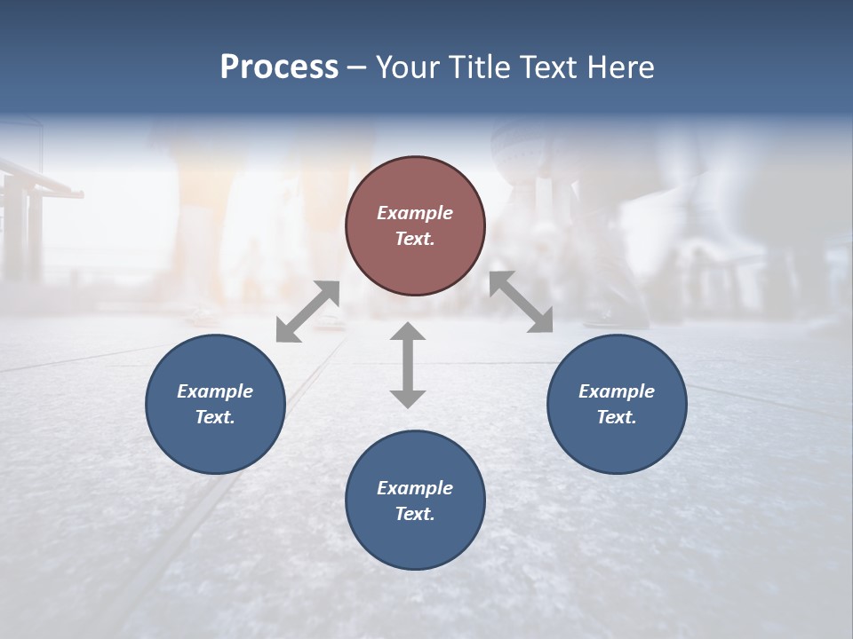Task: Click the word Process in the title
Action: (x=279, y=67)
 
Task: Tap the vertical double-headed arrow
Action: (x=408, y=365)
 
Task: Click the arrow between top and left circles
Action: (x=307, y=312)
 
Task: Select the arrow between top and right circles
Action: (x=521, y=302)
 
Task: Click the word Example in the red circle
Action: (x=415, y=213)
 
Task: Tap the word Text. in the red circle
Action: (x=415, y=239)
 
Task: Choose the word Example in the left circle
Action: (x=215, y=391)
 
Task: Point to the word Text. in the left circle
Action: (x=215, y=417)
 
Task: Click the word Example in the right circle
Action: (x=617, y=391)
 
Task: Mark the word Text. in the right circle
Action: (x=617, y=417)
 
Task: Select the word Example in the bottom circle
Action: (x=415, y=488)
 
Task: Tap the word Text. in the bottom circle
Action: (x=415, y=514)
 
